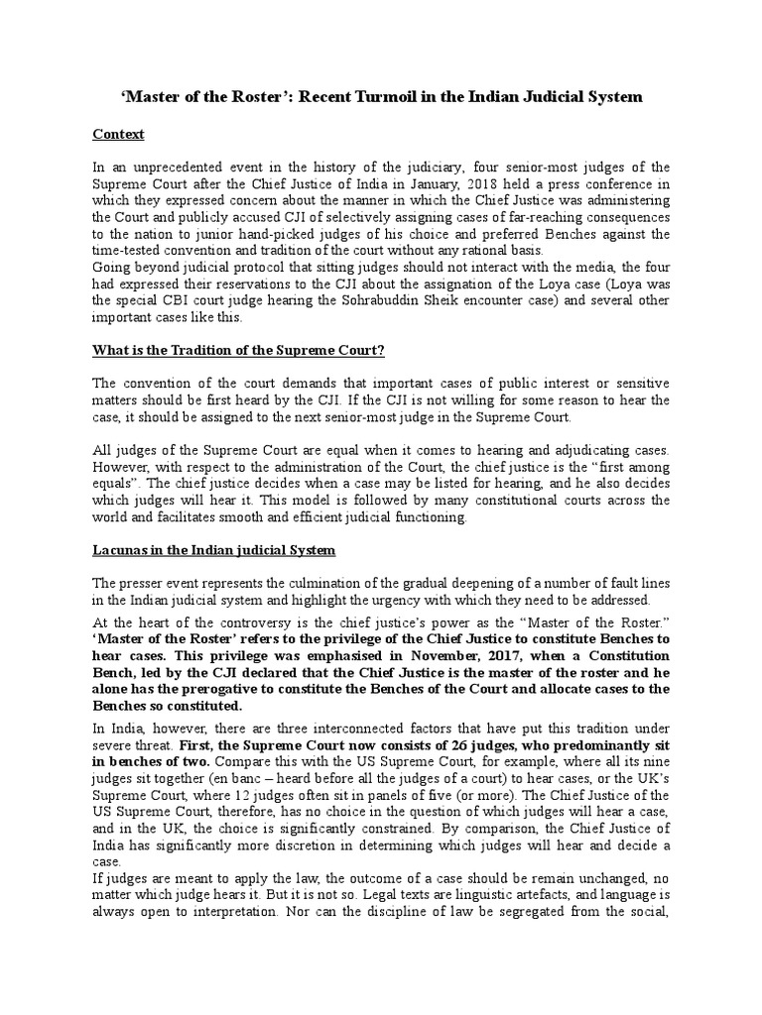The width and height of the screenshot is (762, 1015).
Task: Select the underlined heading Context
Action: pyautogui.click(x=118, y=134)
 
